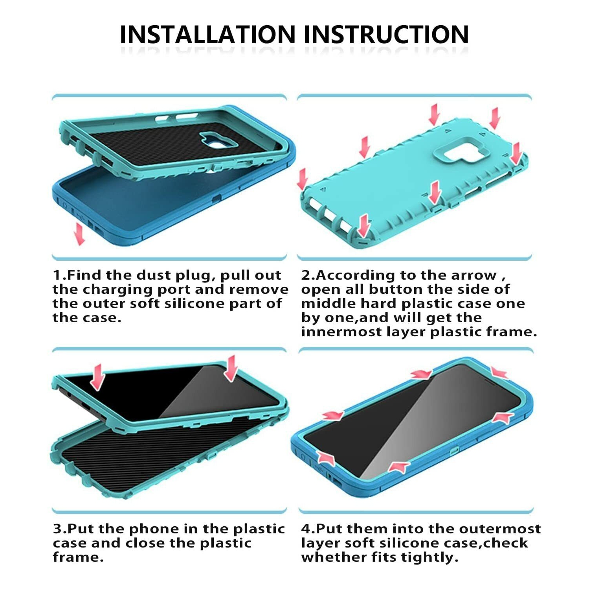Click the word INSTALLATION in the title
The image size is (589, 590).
click(207, 35)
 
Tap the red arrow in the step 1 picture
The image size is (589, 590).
click(79, 234)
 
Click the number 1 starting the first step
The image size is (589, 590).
click(56, 275)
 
